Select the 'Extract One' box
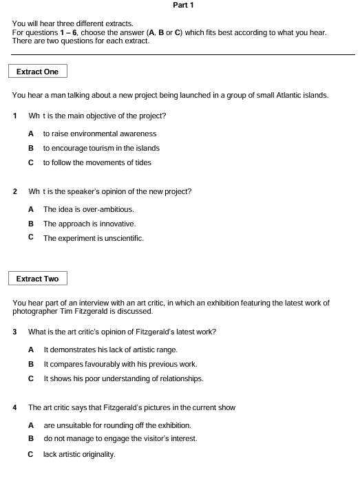[37, 72]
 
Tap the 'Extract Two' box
[37, 279]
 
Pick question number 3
[15, 332]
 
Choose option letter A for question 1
[30, 133]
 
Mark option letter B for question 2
[30, 224]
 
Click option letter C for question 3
[30, 378]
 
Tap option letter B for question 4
[30, 438]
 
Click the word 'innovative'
[117, 224]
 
